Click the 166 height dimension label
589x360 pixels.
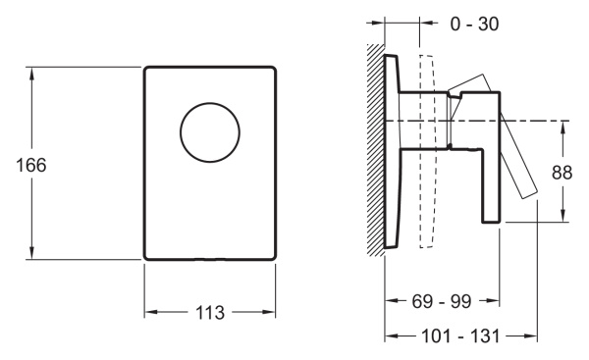click(31, 165)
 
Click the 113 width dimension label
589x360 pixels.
click(210, 312)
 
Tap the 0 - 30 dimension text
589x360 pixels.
click(474, 24)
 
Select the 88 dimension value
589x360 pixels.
click(562, 173)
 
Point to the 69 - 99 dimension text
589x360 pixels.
click(442, 301)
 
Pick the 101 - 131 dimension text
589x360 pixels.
click(460, 336)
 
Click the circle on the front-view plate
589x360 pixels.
click(210, 103)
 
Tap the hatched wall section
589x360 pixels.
click(376, 149)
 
